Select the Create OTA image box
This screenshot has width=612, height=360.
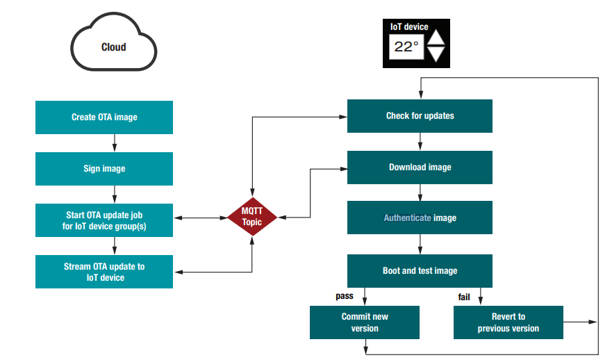click(x=104, y=117)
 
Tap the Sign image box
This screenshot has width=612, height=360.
click(x=104, y=168)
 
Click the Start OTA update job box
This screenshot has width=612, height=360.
click(x=104, y=220)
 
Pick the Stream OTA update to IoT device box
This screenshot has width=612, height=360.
click(x=104, y=272)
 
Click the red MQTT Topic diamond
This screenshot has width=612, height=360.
click(x=252, y=218)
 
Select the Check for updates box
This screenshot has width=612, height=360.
click(x=420, y=115)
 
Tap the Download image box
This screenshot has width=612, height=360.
click(x=420, y=167)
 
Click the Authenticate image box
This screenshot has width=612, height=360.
click(x=420, y=218)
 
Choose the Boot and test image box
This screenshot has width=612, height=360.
click(x=420, y=270)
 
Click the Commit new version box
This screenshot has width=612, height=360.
click(x=365, y=322)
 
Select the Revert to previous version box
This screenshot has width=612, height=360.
click(x=508, y=322)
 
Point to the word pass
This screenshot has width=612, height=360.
click(x=345, y=296)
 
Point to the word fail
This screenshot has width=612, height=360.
click(x=464, y=297)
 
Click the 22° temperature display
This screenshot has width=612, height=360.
click(x=406, y=47)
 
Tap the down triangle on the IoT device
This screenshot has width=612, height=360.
click(x=436, y=56)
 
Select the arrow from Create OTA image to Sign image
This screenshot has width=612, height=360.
click(x=114, y=142)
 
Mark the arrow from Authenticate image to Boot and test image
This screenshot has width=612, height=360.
click(x=420, y=244)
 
